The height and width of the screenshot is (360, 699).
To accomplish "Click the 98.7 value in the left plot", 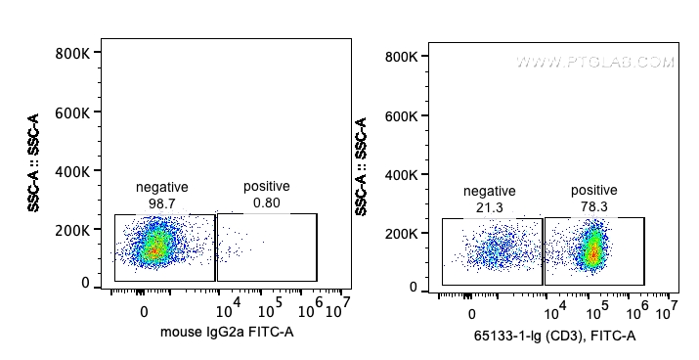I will (162, 202).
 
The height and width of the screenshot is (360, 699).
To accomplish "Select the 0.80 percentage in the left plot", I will (266, 202).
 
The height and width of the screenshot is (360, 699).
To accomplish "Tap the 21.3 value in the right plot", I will (489, 206).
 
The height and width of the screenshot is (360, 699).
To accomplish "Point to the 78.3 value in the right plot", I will (593, 206).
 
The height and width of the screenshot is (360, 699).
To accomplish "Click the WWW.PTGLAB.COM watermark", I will (595, 63).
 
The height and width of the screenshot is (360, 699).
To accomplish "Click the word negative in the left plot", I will (162, 187).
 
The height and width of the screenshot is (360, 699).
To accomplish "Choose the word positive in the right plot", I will (593, 191).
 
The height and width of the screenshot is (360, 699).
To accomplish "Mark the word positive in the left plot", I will (266, 187).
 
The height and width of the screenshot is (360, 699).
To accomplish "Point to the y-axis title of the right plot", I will (362, 167).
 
